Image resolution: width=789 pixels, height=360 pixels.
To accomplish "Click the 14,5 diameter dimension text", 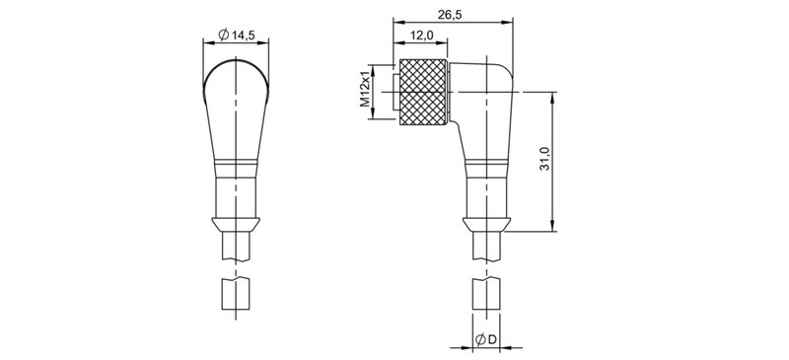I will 242,36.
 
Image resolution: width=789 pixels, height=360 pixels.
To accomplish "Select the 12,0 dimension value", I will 420,36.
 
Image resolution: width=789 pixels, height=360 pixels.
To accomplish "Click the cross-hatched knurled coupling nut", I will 422,90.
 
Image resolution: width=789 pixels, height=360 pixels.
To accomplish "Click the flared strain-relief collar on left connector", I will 237,223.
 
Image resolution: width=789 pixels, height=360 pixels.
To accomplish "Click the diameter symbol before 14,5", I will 222,36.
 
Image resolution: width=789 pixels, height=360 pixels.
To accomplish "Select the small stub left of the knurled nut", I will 394,89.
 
